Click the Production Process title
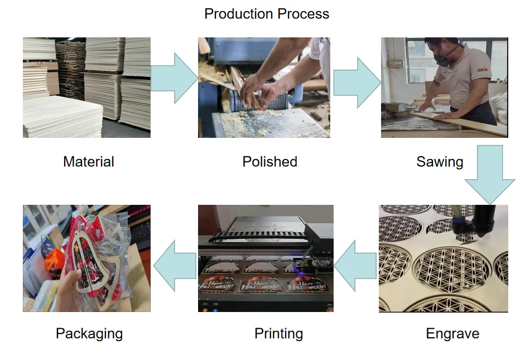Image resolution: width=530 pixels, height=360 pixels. pyautogui.click(x=267, y=14)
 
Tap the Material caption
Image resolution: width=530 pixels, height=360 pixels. pyautogui.click(x=89, y=162)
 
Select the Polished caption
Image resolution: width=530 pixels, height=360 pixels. pyautogui.click(x=269, y=162)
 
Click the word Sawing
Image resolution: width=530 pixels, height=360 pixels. pyautogui.click(x=440, y=162)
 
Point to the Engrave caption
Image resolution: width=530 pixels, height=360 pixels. pyautogui.click(x=452, y=334)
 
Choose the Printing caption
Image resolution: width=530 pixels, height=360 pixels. pyautogui.click(x=278, y=334)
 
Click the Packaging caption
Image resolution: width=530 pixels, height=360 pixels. pyautogui.click(x=89, y=334)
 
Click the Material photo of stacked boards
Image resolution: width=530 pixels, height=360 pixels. pyautogui.click(x=86, y=88)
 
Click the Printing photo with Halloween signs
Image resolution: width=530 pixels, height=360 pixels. pyautogui.click(x=266, y=258)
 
